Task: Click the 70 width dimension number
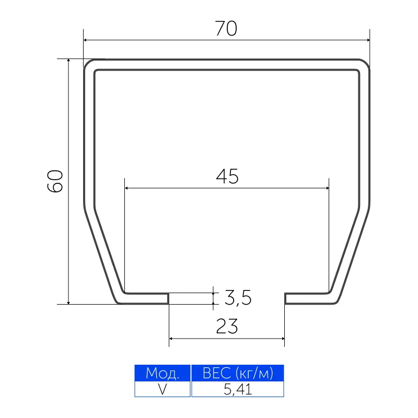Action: tap(226, 29)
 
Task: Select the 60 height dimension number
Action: tap(55, 181)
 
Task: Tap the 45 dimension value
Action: tap(227, 177)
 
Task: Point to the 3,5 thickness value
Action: tap(238, 297)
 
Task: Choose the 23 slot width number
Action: tap(227, 326)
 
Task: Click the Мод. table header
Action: tap(162, 373)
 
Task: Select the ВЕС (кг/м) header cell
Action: tap(238, 373)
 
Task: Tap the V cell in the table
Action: tap(162, 389)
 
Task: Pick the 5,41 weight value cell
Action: tap(238, 389)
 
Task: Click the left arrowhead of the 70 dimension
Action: tap(85, 40)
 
